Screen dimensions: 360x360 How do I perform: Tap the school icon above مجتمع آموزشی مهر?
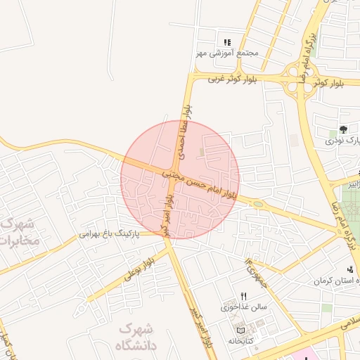click(226, 42)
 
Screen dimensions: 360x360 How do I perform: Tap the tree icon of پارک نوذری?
click(342, 129)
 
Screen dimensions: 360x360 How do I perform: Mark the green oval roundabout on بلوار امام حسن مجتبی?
click(258, 204)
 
